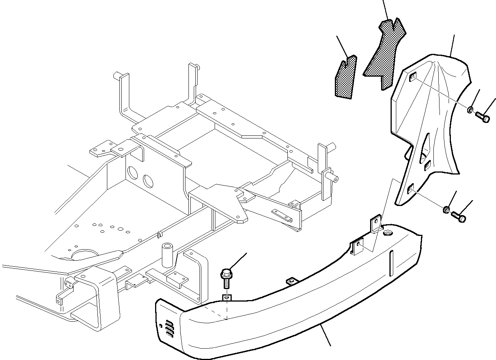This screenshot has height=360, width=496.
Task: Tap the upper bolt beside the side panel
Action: point(482,118)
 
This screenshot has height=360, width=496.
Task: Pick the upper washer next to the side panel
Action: point(470,110)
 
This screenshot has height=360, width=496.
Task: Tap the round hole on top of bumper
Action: point(388,232)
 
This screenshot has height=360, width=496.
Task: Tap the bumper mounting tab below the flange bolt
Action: point(226,298)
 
